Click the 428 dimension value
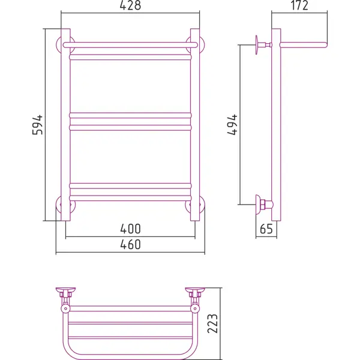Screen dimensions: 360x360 [130, 5]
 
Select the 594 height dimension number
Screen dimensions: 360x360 [38, 125]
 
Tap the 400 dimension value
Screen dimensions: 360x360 [130, 229]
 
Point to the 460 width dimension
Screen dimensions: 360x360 [130, 244]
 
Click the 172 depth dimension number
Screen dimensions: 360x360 [299, 5]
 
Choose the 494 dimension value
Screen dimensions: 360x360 [232, 125]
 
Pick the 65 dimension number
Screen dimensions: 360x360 [266, 229]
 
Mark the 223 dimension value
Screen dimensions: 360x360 [212, 323]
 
